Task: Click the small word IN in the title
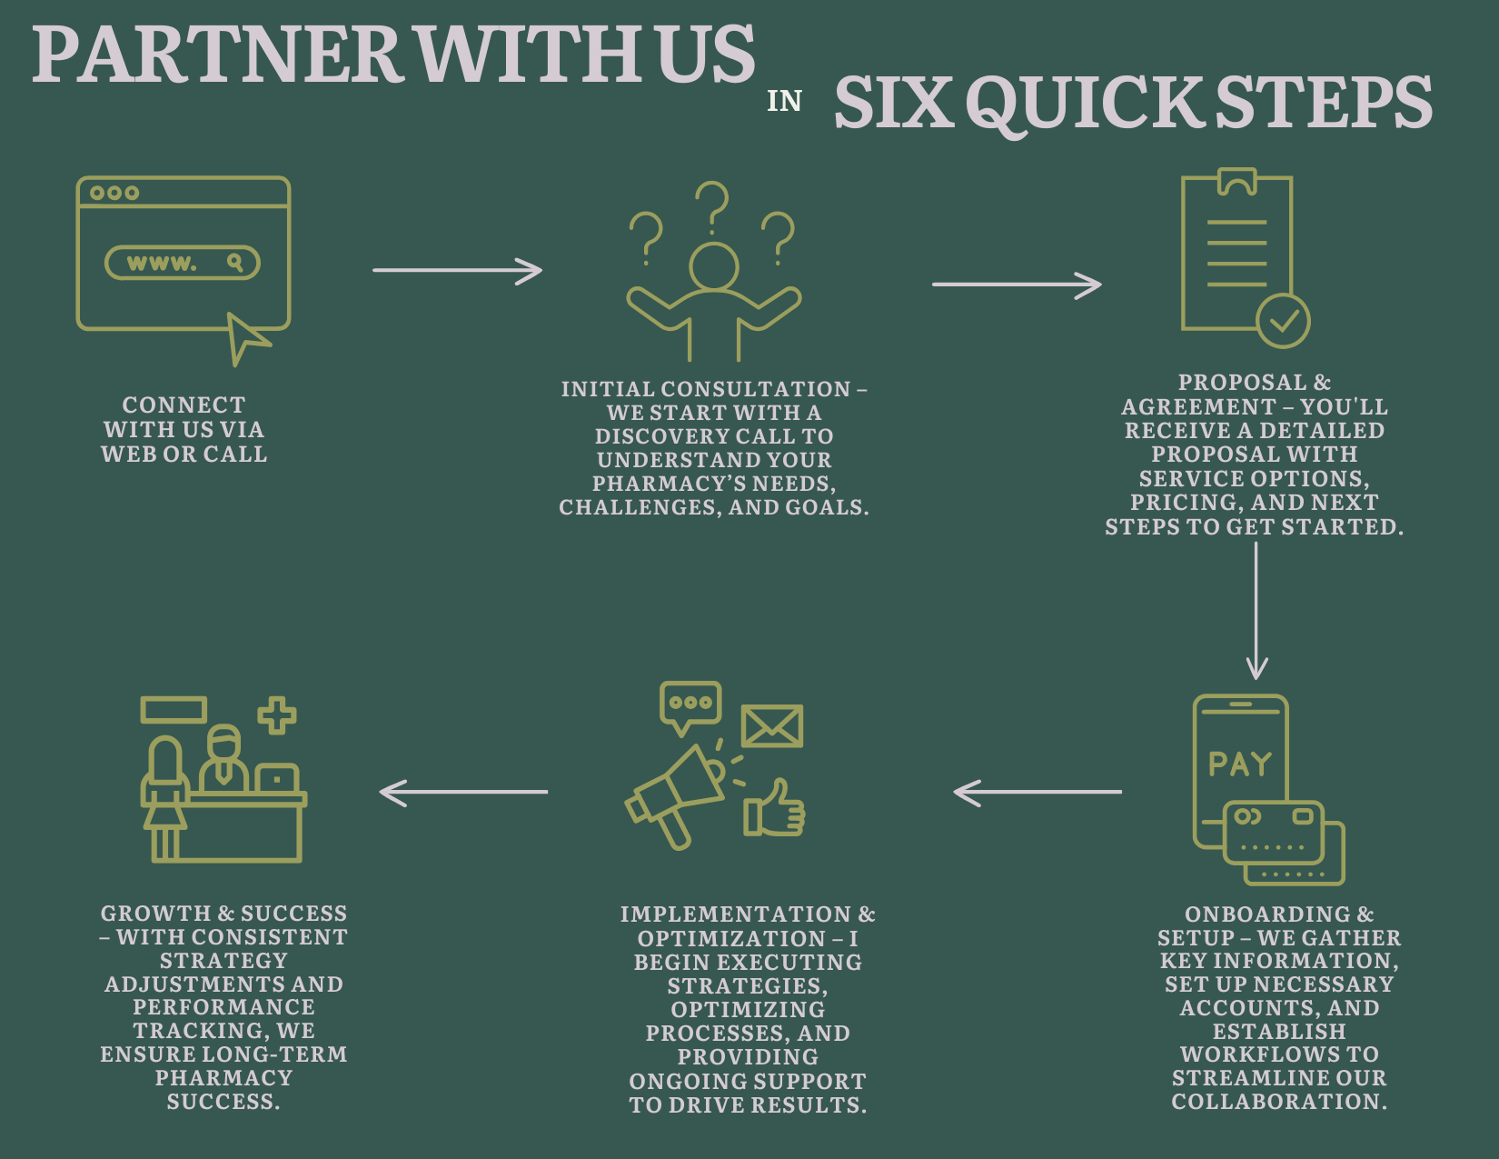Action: (x=784, y=102)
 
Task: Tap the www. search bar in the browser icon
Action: (x=182, y=263)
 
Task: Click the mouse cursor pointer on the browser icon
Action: (x=246, y=338)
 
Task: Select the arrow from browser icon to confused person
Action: (x=457, y=271)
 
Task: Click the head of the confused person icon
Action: (x=714, y=266)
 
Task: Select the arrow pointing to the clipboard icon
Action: (x=1017, y=285)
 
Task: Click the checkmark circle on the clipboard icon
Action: (x=1283, y=321)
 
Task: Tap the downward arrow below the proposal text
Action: (x=1256, y=611)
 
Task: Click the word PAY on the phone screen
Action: (x=1240, y=764)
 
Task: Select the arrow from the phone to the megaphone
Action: (x=1037, y=792)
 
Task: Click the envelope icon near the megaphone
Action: (x=772, y=725)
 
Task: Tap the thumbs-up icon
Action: (x=774, y=808)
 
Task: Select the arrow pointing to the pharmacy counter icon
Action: (x=463, y=792)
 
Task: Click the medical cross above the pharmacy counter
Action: (x=276, y=715)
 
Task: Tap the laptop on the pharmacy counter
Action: (x=276, y=778)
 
